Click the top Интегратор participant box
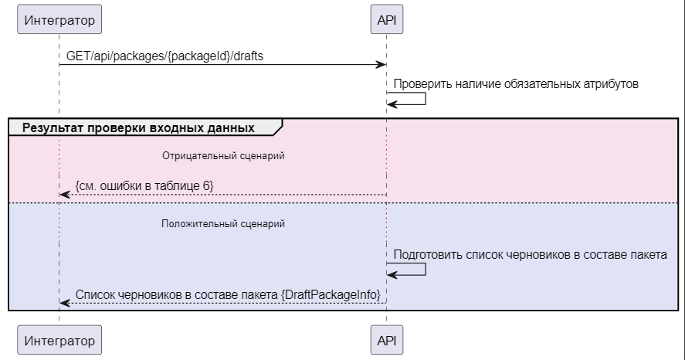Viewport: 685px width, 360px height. pyautogui.click(x=59, y=21)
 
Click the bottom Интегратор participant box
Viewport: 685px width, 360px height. pyautogui.click(x=59, y=340)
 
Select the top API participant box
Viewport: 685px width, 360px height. pyautogui.click(x=386, y=21)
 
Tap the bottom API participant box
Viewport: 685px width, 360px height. pyautogui.click(x=386, y=340)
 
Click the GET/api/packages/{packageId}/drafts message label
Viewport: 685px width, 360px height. pyautogui.click(x=168, y=56)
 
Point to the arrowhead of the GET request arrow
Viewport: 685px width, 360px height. pyautogui.click(x=381, y=65)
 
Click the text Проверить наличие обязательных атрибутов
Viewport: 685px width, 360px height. pyautogui.click(x=516, y=83)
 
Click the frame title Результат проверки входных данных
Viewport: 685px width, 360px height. pyautogui.click(x=138, y=127)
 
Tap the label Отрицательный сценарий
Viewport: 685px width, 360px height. pyautogui.click(x=223, y=155)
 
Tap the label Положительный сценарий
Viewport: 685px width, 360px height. pyautogui.click(x=223, y=224)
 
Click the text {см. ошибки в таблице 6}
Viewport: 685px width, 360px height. pyautogui.click(x=144, y=185)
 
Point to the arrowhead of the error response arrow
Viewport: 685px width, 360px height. pyautogui.click(x=64, y=195)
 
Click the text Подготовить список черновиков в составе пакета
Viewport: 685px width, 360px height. pyautogui.click(x=530, y=253)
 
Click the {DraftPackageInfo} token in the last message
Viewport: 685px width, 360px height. pyautogui.click(x=332, y=294)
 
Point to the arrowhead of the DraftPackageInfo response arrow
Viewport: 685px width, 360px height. pyautogui.click(x=64, y=303)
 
